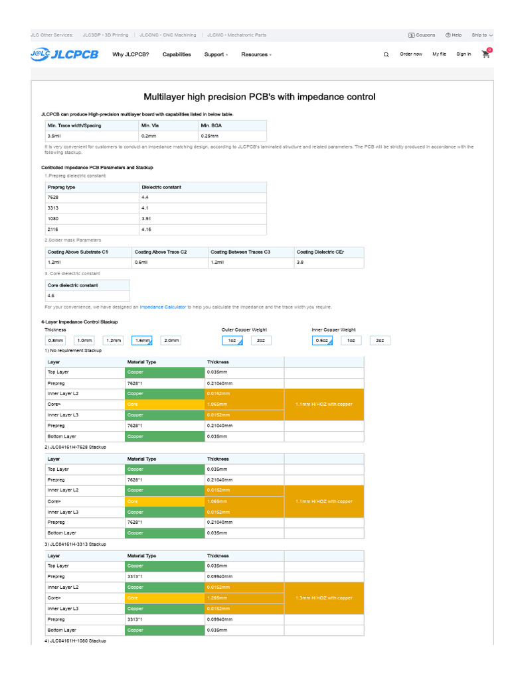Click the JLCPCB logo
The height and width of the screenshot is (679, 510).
[64, 54]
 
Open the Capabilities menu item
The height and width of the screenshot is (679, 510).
[177, 54]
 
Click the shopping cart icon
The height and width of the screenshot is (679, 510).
[486, 54]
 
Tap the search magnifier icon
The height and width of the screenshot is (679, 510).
[386, 55]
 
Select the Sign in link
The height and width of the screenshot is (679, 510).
[464, 54]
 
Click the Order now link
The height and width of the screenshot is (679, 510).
[410, 54]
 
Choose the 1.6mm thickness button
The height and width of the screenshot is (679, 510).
[142, 340]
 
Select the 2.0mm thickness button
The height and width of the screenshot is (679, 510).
[171, 340]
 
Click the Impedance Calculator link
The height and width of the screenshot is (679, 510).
[163, 307]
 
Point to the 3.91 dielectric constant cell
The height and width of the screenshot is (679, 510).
[146, 218]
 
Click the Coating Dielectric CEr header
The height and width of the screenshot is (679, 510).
[320, 252]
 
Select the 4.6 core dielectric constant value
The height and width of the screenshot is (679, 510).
[51, 296]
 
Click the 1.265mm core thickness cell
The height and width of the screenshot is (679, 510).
[217, 597]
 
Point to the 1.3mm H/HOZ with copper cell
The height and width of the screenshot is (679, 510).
[324, 597]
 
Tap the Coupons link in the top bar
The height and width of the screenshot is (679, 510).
[422, 35]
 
